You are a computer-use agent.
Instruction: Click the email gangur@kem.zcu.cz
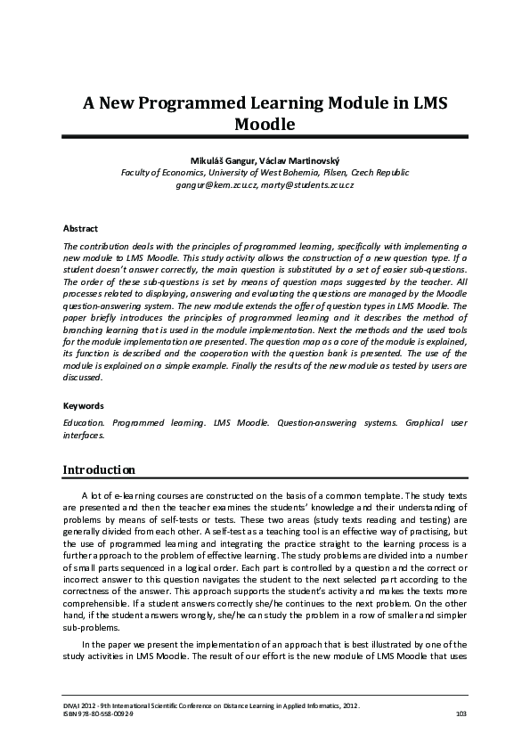pyautogui.click(x=214, y=184)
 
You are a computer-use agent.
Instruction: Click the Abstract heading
pyautogui.click(x=80, y=229)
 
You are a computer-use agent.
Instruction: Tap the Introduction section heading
pyautogui.click(x=98, y=469)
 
